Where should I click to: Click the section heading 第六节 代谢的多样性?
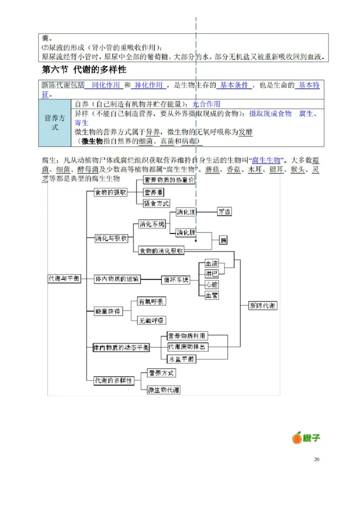pyautogui.click(x=84, y=70)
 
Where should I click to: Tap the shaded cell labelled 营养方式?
pyautogui.click(x=54, y=123)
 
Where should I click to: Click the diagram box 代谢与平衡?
pyautogui.click(x=64, y=279)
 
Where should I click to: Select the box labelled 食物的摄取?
pyautogui.click(x=110, y=192)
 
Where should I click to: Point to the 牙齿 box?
pyautogui.click(x=224, y=211)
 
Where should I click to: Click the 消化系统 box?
pyautogui.click(x=152, y=224)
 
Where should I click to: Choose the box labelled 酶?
pyautogui.click(x=224, y=240)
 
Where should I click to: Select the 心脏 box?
pyautogui.click(x=211, y=285)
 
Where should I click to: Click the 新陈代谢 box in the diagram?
pyautogui.click(x=263, y=306)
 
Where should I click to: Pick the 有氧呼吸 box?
pyautogui.click(x=151, y=301)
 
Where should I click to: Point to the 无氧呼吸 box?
pyautogui.click(x=151, y=321)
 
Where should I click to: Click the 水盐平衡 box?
pyautogui.click(x=181, y=359)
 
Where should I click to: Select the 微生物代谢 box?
pyautogui.click(x=164, y=390)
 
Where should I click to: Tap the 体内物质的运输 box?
pyautogui.click(x=117, y=279)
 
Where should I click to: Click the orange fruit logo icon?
pyautogui.click(x=297, y=438)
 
